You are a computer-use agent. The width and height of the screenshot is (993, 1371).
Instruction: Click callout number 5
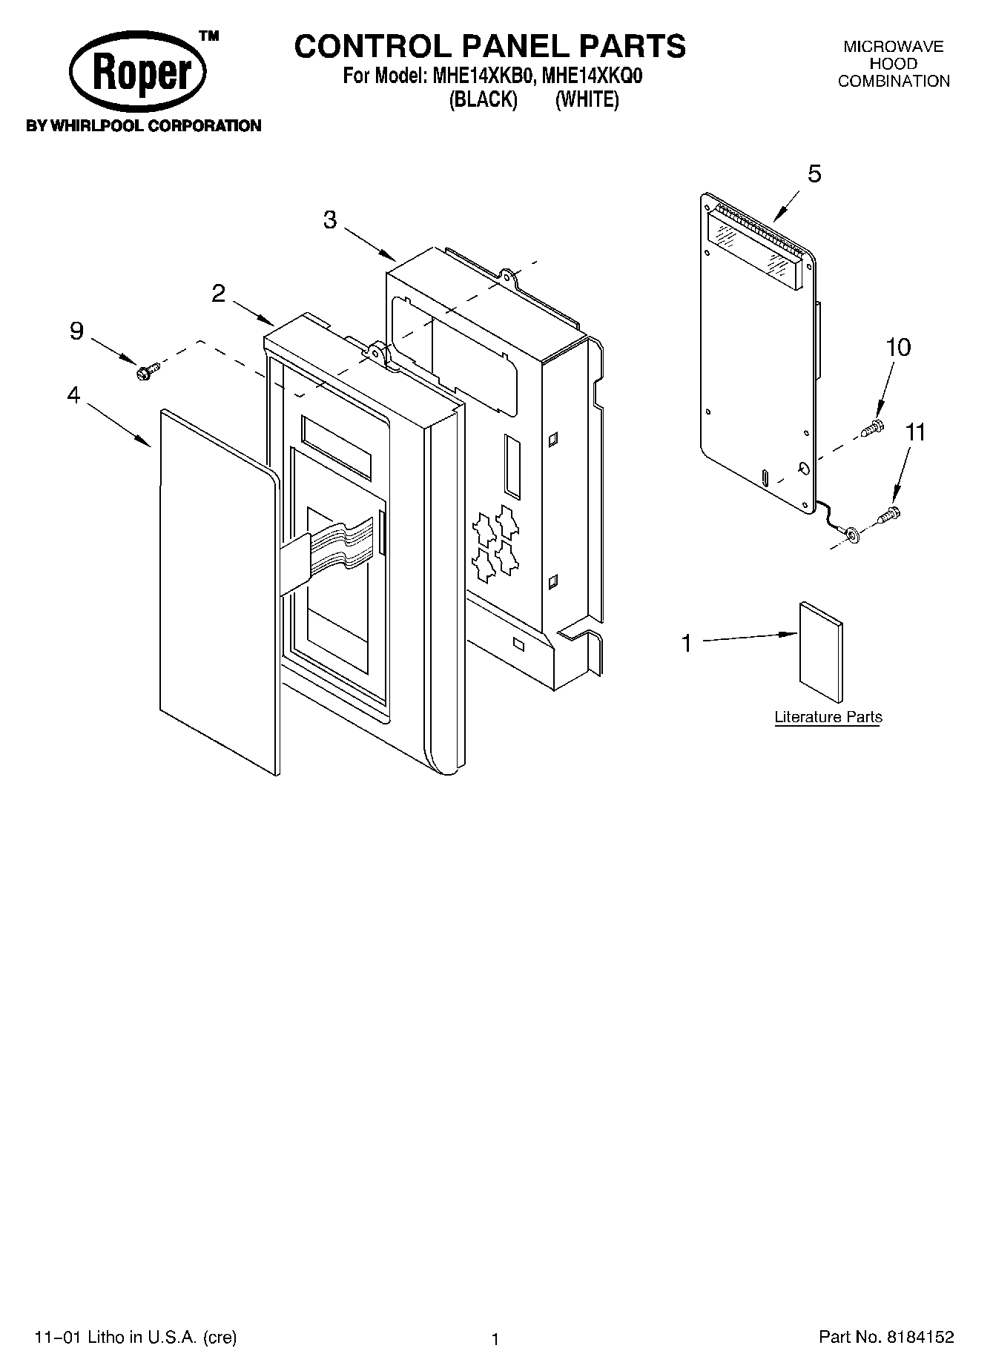814,174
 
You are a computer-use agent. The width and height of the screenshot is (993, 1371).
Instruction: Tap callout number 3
330,219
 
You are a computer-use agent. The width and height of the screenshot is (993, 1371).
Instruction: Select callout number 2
218,294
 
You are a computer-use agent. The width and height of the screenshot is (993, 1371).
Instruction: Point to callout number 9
76,331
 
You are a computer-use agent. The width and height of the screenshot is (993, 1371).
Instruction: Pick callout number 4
73,395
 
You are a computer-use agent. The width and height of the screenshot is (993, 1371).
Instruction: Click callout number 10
898,347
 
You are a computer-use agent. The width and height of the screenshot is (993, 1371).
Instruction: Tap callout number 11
916,432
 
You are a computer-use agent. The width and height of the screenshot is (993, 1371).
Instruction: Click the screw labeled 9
147,369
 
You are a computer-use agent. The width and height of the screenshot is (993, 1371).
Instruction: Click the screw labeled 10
873,427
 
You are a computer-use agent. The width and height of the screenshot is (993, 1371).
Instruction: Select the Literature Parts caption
828,717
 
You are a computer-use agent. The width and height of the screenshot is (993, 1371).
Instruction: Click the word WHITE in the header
587,99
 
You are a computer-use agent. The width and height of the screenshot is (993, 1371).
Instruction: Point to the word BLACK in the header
483,99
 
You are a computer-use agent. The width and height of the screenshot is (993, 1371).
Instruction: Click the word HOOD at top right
894,64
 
